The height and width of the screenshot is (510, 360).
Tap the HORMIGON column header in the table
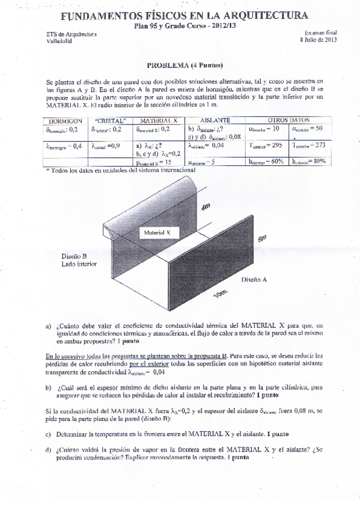(x=64, y=120)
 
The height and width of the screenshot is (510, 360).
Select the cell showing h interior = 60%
(x=265, y=161)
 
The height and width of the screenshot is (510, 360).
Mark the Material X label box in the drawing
(x=157, y=231)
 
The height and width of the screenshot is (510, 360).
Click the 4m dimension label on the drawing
(x=206, y=207)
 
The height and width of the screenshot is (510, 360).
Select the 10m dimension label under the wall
(x=219, y=296)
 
